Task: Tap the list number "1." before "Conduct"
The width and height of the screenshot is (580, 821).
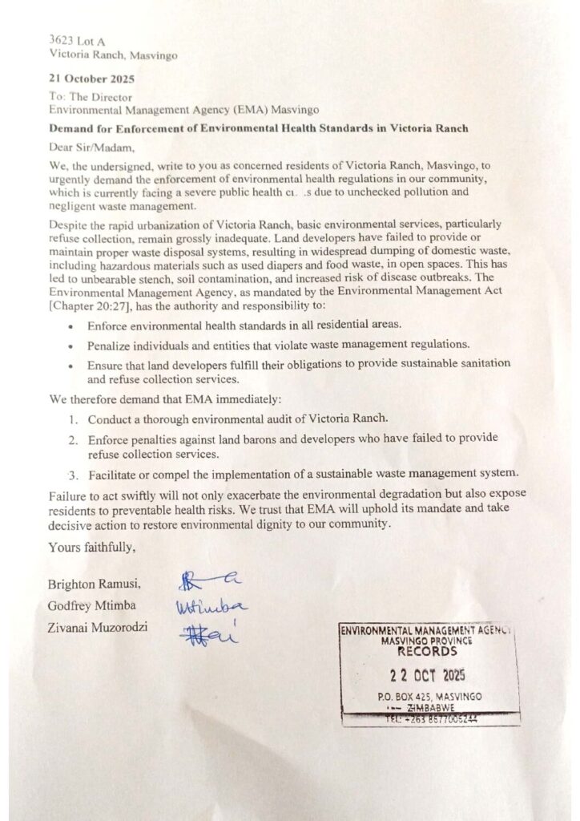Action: point(74,419)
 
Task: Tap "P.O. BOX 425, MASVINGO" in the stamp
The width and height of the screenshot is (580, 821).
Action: point(429,696)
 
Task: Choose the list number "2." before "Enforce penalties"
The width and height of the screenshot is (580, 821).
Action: point(74,438)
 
